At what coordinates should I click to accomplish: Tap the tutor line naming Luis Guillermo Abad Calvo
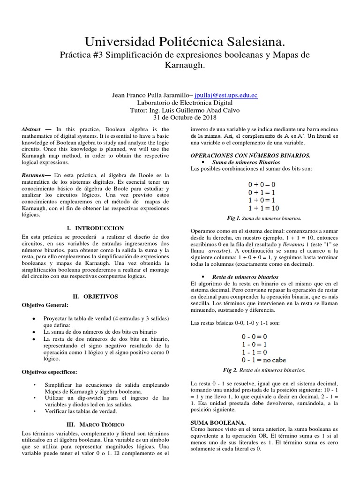(x=180, y=110)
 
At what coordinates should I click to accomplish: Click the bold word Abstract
(x=32, y=129)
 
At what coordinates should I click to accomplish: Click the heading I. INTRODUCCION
(x=96, y=228)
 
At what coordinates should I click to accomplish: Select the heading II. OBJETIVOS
(x=96, y=297)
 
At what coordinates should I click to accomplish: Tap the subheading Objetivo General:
(x=45, y=305)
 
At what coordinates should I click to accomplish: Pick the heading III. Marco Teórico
(x=95, y=424)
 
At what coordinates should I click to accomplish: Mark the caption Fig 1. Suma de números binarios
(x=264, y=218)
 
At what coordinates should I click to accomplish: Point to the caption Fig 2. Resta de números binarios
(x=264, y=370)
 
